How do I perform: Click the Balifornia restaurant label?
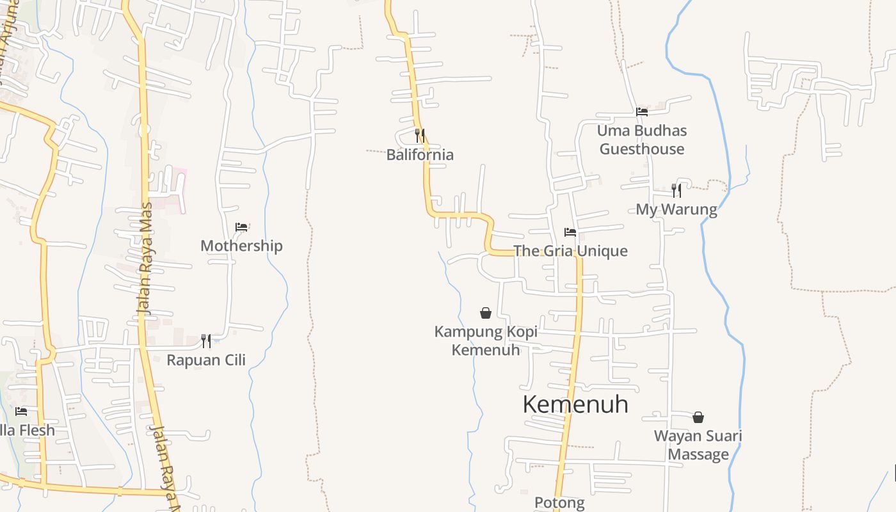tap(420, 154)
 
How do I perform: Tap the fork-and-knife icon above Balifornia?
tap(420, 135)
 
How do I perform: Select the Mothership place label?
tap(241, 246)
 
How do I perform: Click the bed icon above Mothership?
tap(241, 227)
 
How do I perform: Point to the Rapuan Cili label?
tap(206, 360)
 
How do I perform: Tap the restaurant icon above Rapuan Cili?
tap(206, 340)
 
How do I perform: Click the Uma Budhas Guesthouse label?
tap(642, 140)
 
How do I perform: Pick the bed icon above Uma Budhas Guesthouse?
tap(642, 111)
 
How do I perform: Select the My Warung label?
tap(676, 209)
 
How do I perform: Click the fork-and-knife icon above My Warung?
tap(676, 190)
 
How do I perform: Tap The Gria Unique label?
tap(570, 251)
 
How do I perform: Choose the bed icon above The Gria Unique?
tap(570, 232)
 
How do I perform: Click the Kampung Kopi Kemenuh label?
tap(486, 340)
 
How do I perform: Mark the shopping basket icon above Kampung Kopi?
tap(486, 313)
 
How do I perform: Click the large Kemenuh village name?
tap(575, 404)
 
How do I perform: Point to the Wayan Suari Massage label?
tap(698, 445)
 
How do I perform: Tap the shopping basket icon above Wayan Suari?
tap(698, 417)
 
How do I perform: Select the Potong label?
tap(559, 503)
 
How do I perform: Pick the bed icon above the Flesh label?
tap(22, 411)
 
